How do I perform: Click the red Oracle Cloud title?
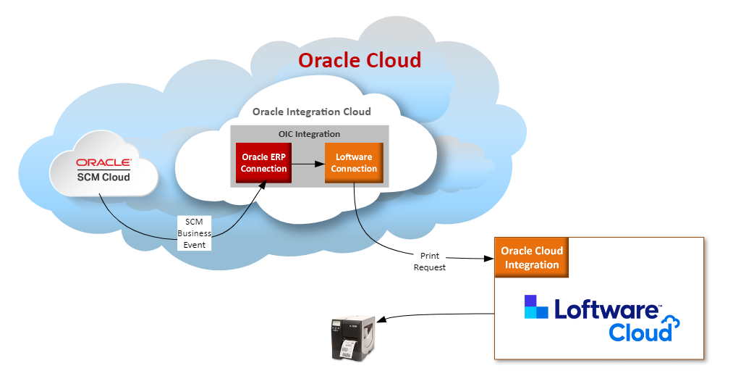click(x=360, y=60)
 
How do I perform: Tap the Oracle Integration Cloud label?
click(x=312, y=112)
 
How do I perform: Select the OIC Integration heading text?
click(x=309, y=134)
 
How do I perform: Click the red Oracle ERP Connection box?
click(x=263, y=163)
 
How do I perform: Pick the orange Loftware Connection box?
click(x=354, y=163)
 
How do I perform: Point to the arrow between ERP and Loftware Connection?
click(x=308, y=164)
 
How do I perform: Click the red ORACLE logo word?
click(x=103, y=162)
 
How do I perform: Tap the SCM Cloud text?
click(x=103, y=178)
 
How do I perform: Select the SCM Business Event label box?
click(x=194, y=233)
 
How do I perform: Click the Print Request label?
click(x=430, y=262)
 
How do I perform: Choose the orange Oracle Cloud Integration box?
click(x=532, y=257)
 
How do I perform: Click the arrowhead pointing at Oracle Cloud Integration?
click(x=489, y=259)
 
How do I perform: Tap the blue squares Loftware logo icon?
click(x=535, y=306)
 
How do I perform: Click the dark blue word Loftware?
click(x=607, y=309)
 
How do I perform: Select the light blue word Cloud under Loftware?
click(x=640, y=332)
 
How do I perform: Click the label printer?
click(x=353, y=338)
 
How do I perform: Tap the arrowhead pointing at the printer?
click(x=381, y=320)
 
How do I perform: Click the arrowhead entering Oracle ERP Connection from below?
click(x=263, y=185)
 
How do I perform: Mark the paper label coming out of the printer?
click(x=347, y=348)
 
